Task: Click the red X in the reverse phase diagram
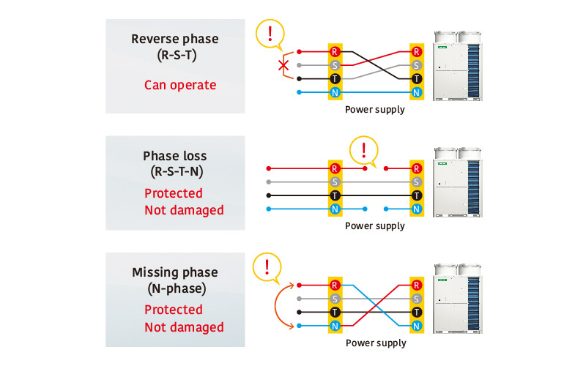point(283,66)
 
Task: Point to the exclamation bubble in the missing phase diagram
point(267,266)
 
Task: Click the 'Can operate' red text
point(180,85)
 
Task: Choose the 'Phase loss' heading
point(175,156)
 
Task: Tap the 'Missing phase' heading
point(175,272)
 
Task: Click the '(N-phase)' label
point(175,290)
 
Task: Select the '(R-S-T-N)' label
point(175,173)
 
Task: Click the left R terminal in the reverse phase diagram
point(335,52)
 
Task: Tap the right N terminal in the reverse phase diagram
point(417,92)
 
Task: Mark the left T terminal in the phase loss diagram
point(335,195)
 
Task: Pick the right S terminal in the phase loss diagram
point(417,182)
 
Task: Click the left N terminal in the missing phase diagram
point(335,326)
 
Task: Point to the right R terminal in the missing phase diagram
point(417,285)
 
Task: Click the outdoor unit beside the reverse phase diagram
point(457,67)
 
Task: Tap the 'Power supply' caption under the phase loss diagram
point(375,226)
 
